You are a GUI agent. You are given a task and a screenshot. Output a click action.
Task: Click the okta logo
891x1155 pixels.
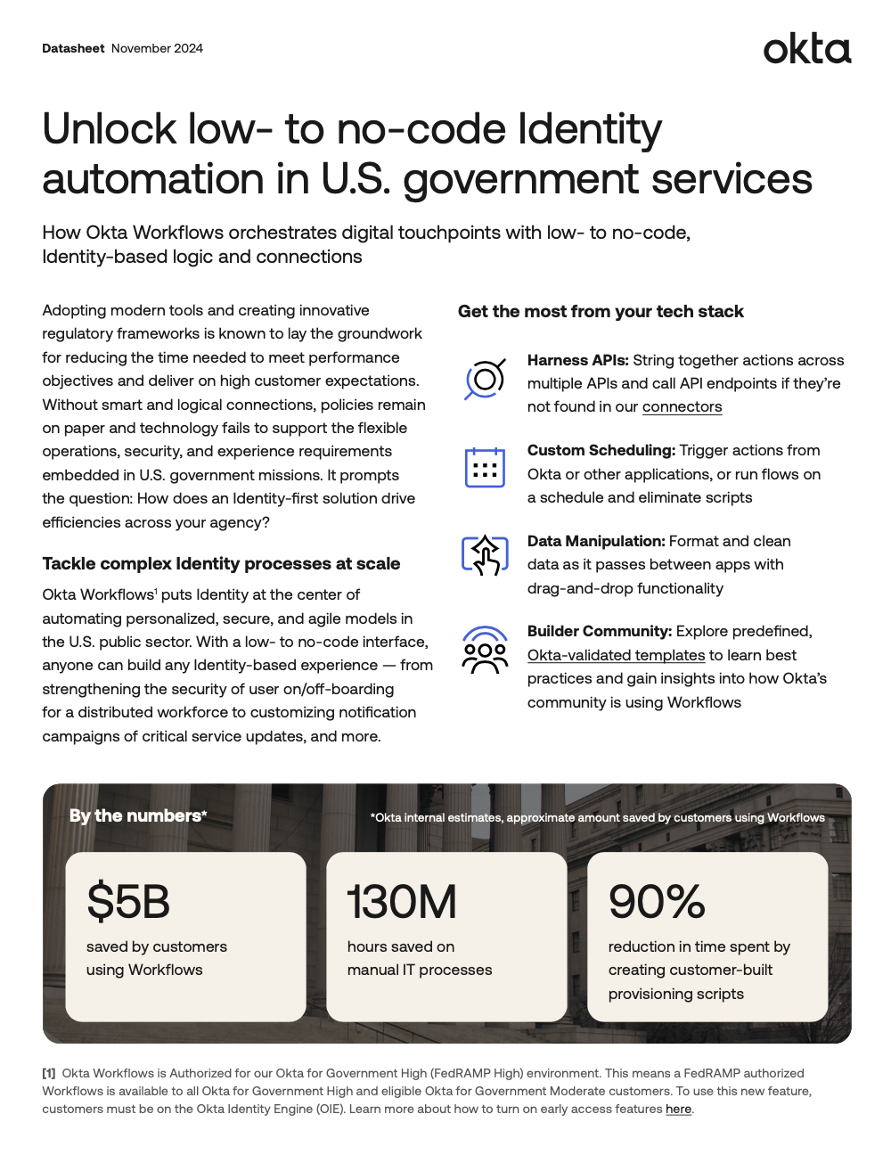806,49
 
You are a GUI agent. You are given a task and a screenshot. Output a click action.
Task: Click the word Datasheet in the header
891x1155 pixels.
73,48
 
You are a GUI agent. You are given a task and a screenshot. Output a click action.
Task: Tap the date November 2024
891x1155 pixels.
157,48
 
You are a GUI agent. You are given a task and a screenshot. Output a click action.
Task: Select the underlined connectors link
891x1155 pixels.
682,407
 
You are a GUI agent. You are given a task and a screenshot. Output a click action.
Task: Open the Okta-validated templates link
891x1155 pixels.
616,655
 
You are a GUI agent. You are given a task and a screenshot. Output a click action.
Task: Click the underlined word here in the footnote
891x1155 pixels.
678,1109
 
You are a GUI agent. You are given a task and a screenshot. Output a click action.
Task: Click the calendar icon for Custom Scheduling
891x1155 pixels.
485,468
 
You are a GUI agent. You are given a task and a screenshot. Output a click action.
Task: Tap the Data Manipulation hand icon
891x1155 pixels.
485,555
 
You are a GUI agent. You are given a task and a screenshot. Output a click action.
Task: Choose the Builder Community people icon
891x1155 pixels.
485,649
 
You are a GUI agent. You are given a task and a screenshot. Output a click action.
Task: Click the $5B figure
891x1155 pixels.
128,901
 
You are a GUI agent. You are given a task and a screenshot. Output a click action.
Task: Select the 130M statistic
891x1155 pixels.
402,901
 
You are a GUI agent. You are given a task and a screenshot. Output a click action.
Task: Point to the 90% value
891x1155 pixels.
657,901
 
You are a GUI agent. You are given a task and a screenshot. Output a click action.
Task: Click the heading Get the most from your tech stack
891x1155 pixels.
601,311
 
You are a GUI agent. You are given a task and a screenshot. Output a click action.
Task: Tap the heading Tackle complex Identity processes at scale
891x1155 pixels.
221,563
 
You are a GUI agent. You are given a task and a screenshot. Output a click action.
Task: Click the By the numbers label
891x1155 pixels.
137,815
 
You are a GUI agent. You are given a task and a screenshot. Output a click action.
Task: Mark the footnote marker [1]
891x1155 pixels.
49,1073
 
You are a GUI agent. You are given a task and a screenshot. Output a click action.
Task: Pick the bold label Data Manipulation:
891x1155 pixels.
596,541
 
